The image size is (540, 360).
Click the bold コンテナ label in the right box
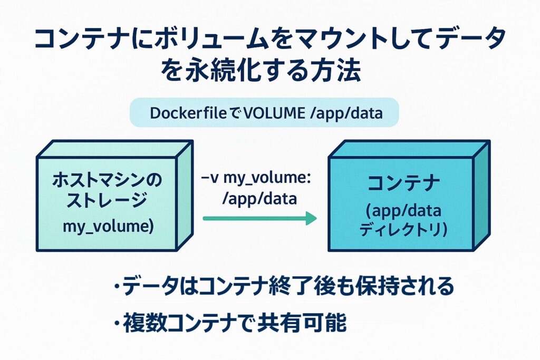click(x=403, y=184)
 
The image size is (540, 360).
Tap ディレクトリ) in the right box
click(x=403, y=230)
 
